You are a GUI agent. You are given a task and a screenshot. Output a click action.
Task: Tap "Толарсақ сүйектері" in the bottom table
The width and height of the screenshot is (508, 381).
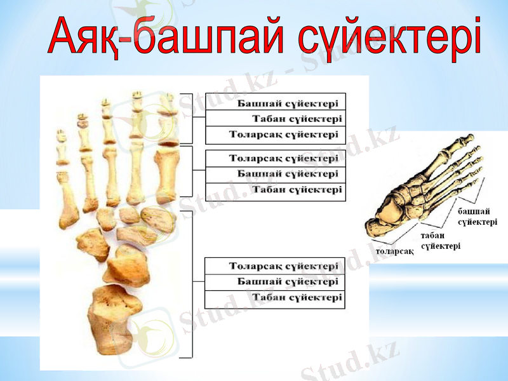[x=275, y=266]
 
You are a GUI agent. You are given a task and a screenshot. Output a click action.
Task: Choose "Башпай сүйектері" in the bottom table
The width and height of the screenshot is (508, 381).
[x=275, y=282]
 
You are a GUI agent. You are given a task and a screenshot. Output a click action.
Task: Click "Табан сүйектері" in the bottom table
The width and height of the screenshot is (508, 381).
[x=275, y=298]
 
